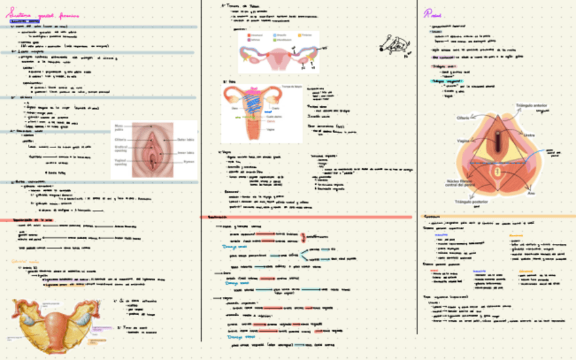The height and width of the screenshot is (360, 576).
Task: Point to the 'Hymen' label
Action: (188, 162)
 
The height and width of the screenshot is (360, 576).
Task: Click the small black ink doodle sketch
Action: (394, 46)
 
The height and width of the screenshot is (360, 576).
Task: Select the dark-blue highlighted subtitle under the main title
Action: (23, 22)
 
